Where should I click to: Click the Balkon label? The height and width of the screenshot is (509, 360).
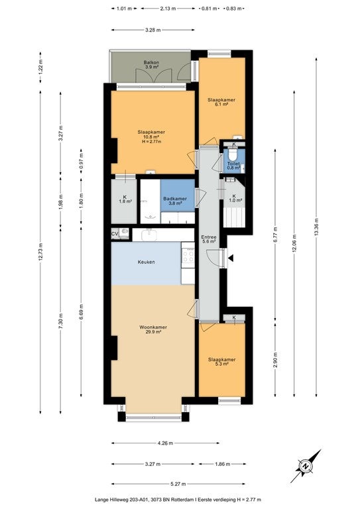pos(151,62)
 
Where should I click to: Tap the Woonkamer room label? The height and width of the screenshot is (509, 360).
pos(153,327)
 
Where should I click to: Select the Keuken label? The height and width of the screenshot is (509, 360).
pos(146,262)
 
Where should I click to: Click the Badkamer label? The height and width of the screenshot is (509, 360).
pos(175,199)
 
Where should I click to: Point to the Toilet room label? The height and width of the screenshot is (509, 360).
pos(233,164)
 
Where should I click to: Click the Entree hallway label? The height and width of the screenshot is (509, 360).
pos(209,237)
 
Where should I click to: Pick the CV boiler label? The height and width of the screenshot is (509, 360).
pos(115,233)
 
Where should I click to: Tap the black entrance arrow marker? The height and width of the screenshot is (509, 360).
pos(231,258)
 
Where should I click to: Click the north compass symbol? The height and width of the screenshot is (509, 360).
pos(306,466)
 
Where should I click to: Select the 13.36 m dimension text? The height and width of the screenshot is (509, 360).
pos(316,227)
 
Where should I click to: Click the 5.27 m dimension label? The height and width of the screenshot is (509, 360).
pos(178,484)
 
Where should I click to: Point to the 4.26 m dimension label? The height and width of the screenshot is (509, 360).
pos(165,443)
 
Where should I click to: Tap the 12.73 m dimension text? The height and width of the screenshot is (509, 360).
pos(40,252)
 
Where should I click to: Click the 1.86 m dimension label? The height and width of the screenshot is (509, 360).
pos(223,464)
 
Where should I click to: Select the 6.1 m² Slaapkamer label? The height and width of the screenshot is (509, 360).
pos(221,102)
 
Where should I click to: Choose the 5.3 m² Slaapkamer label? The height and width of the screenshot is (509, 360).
pos(221,362)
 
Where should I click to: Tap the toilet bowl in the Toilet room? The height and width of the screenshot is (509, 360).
pos(233,154)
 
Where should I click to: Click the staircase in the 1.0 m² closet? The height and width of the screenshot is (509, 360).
pos(234,217)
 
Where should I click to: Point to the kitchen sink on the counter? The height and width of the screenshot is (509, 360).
pos(149,235)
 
